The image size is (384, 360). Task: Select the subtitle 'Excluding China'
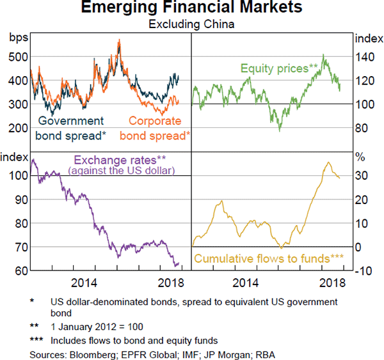click(x=192, y=25)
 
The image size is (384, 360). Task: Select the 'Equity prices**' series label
click(x=279, y=67)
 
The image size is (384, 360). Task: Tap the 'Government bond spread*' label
click(x=70, y=128)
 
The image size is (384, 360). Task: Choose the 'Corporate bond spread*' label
click(x=155, y=128)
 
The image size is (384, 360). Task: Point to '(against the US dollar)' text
click(x=121, y=170)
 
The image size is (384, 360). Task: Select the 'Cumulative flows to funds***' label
click(x=269, y=259)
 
